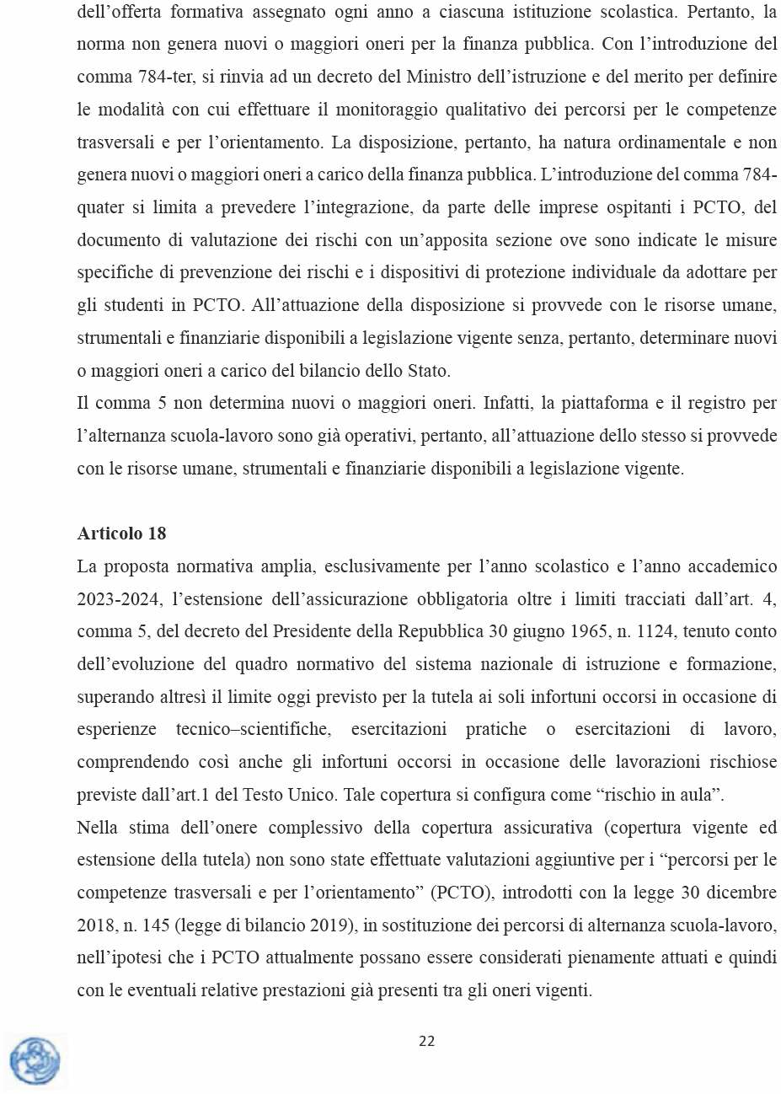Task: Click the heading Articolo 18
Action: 121,534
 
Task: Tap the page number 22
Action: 427,1041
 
